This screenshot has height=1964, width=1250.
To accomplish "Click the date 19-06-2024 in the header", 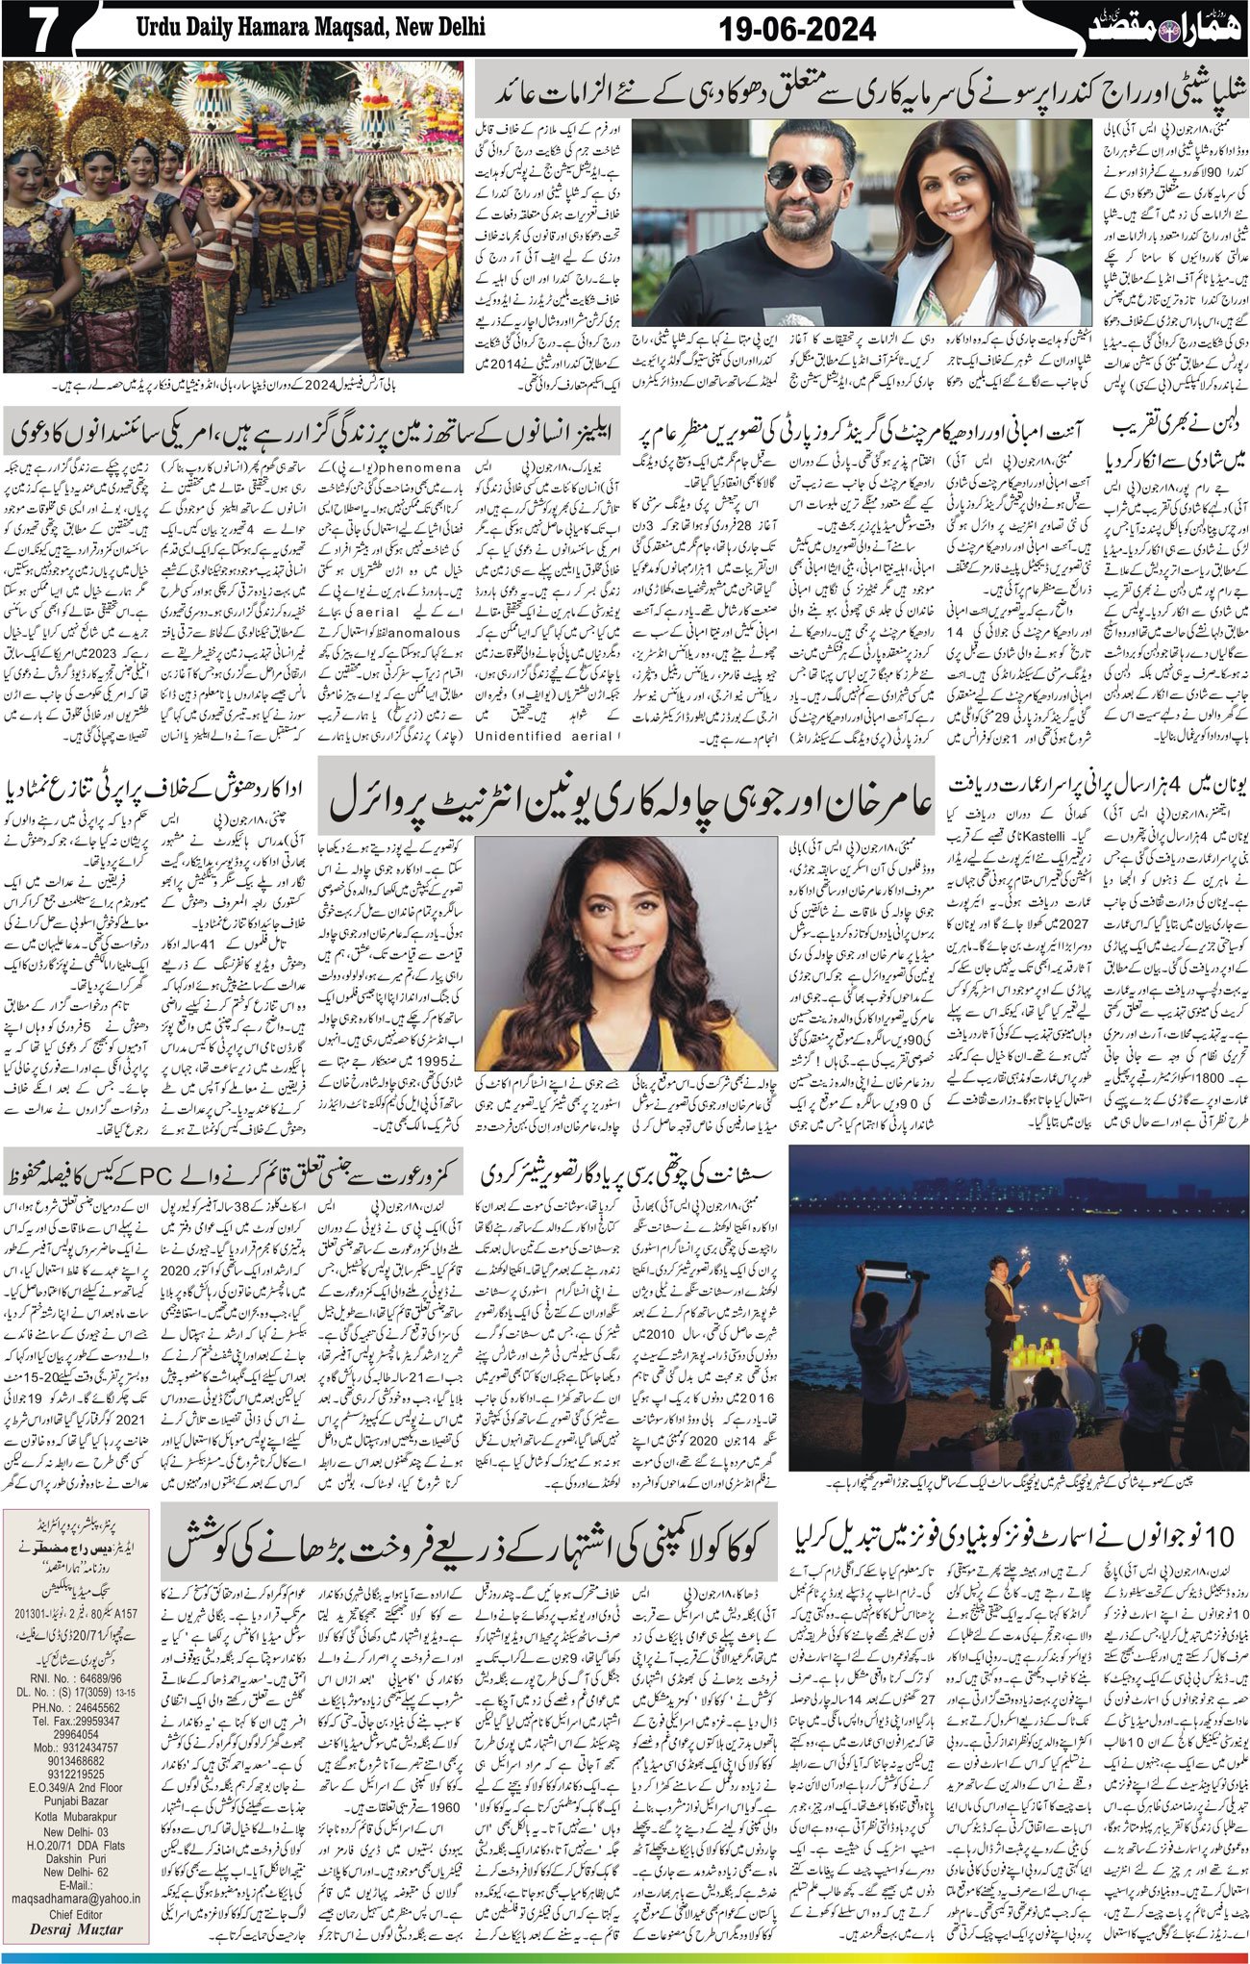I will coord(798,30).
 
